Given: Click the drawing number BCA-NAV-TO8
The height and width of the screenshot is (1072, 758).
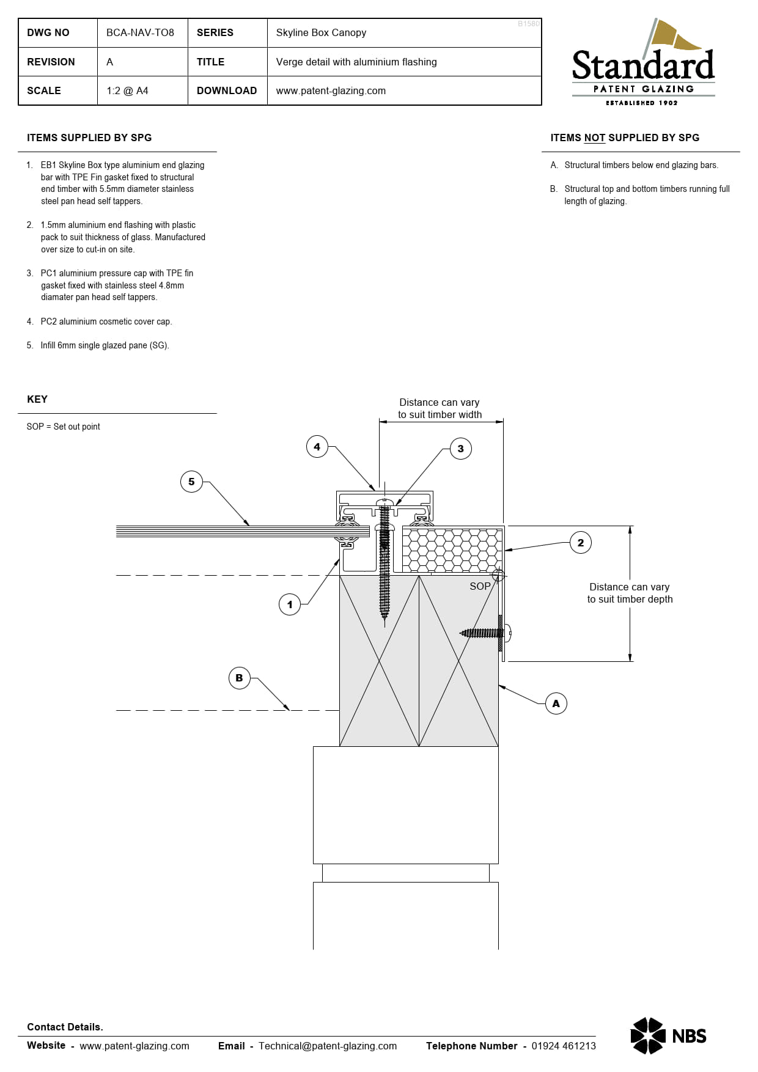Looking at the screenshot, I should [x=140, y=32].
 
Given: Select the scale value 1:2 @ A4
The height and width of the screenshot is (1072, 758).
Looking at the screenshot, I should [x=127, y=90].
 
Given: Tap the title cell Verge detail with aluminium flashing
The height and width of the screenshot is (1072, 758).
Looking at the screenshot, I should [x=356, y=62].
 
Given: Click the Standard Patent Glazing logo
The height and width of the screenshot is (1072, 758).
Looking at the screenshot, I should [x=643, y=64].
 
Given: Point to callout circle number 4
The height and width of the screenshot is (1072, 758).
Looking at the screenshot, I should [x=317, y=447].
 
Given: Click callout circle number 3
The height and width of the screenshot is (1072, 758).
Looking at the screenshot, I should [x=460, y=449].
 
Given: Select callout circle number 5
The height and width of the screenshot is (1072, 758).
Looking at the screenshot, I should [x=191, y=482].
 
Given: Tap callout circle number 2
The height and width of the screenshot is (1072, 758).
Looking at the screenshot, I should [x=580, y=542].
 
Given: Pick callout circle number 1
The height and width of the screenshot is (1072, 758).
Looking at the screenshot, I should [x=290, y=604].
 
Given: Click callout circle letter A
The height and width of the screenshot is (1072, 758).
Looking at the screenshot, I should [x=556, y=703].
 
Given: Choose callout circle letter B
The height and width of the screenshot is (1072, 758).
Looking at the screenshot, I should [x=239, y=678].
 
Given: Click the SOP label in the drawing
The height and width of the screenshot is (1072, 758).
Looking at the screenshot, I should [x=480, y=586].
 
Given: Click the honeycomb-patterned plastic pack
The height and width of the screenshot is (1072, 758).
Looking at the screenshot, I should [x=451, y=549].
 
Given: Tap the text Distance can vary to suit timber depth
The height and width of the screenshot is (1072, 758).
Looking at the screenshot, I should [x=630, y=593].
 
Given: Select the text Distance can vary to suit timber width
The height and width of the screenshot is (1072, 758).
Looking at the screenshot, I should [x=440, y=408].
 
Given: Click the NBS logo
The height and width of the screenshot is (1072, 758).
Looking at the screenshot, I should [x=668, y=1036].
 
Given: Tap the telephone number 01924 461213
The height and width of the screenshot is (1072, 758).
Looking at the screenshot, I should [x=563, y=1046].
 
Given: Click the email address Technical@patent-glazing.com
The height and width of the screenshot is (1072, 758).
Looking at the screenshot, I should [x=328, y=1046].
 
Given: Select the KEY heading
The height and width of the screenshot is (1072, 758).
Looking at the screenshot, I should [x=37, y=399].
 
